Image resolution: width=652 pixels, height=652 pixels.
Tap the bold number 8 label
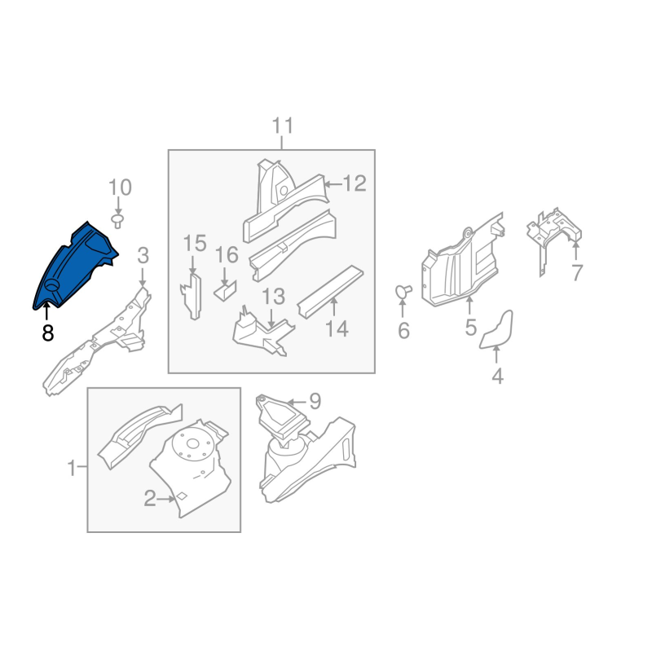pos(48,333)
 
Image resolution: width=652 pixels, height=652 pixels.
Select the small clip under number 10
pos(117,221)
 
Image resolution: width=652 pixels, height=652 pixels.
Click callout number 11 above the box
pos(283,126)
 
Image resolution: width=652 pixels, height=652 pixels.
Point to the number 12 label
pos(355,183)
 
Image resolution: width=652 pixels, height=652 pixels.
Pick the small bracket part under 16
pos(226,291)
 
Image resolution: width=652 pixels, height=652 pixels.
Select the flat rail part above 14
pos(331,292)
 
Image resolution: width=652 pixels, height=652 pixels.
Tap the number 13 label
pos(273,297)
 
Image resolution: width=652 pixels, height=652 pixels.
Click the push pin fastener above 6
pos(403,291)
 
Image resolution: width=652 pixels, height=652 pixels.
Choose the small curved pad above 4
pos(496,329)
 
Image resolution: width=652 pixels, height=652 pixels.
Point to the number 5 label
pos(470,328)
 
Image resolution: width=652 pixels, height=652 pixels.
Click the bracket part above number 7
pos(554,239)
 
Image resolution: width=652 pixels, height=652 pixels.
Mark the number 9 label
pos(315,401)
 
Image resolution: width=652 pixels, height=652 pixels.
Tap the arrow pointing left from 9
pos(297,402)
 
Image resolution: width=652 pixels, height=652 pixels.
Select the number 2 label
pos(150,498)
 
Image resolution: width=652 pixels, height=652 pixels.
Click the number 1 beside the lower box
pos(72,468)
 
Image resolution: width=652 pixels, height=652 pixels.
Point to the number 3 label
pos(143,256)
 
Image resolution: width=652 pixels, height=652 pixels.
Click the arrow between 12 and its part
pos(333,184)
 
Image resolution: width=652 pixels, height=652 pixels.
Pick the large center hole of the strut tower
pos(192,443)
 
